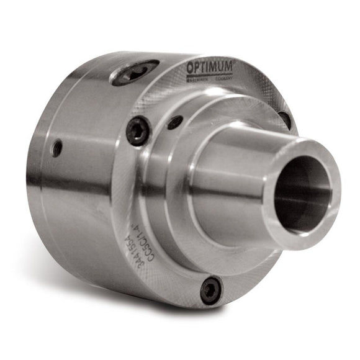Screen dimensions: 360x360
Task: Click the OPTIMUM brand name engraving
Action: point(210,66)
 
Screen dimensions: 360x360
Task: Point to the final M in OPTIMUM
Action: point(228,65)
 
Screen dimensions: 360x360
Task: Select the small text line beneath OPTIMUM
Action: point(210,78)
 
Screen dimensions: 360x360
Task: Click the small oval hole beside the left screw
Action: point(175,122)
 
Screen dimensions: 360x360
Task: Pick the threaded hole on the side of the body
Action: point(57,148)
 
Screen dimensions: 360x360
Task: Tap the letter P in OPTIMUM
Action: point(199,66)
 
